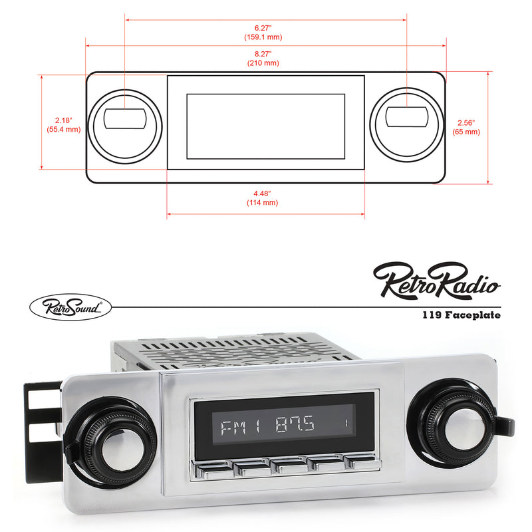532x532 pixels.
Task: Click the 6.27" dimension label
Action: click(265, 33)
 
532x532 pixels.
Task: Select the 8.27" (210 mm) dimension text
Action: click(265, 59)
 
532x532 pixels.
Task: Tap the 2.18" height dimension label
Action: click(64, 124)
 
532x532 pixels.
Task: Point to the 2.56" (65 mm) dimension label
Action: click(466, 127)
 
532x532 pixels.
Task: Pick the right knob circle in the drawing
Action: click(406, 126)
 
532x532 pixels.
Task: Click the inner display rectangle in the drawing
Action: click(265, 126)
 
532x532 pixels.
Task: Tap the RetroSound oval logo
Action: click(70, 306)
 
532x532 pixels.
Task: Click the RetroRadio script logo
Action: click(436, 279)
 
